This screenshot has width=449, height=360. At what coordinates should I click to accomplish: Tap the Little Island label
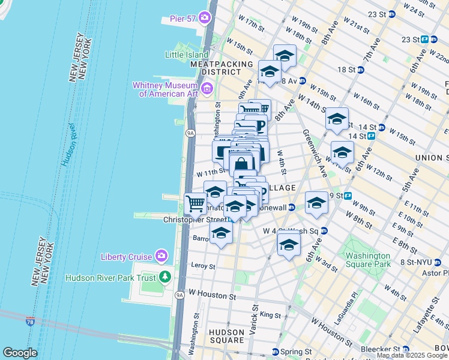(x=187, y=55)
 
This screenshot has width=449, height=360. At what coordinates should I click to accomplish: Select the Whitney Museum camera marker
(x=208, y=89)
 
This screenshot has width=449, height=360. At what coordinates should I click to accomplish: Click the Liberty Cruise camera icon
(x=161, y=257)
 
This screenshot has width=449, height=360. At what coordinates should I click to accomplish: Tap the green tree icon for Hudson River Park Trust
(x=165, y=277)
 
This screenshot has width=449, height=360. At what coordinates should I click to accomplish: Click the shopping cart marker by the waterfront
(x=195, y=204)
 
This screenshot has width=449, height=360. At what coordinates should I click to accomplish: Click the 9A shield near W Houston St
(x=179, y=295)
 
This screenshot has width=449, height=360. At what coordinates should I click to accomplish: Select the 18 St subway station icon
(x=361, y=70)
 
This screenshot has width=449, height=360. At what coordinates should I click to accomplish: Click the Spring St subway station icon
(x=275, y=352)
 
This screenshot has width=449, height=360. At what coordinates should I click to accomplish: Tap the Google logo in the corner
(x=20, y=353)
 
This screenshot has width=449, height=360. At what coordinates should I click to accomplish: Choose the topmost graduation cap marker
(x=285, y=56)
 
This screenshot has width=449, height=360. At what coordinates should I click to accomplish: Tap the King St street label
(x=270, y=314)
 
